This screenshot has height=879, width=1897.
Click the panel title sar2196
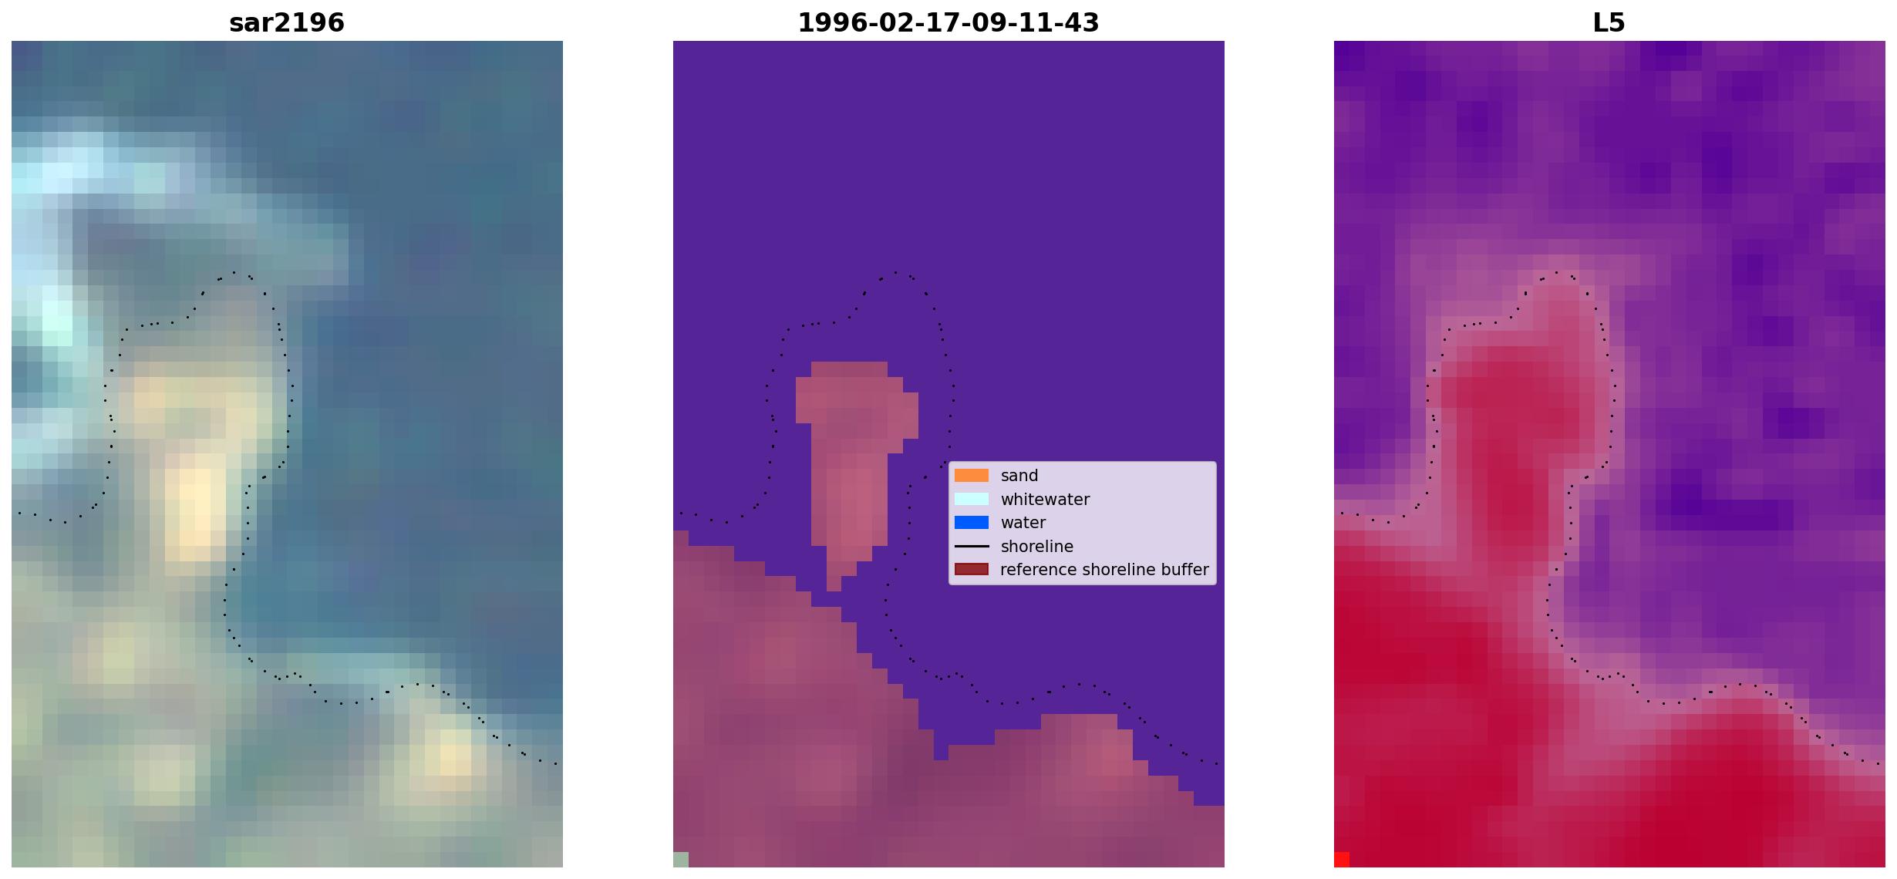tap(287, 22)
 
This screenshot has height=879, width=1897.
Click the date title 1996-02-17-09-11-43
tap(948, 22)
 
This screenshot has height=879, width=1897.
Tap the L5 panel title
tap(1609, 22)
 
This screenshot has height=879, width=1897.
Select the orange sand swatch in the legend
tap(972, 476)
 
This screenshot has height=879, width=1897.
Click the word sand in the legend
tap(1019, 476)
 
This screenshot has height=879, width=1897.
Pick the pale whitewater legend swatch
tap(972, 499)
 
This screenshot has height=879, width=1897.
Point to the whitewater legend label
tap(1045, 500)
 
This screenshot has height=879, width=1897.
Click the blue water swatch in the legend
tap(972, 523)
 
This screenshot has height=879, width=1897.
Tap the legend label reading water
tap(1023, 523)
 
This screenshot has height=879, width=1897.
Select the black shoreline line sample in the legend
tap(972, 546)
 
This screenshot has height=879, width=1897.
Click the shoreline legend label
tap(1036, 547)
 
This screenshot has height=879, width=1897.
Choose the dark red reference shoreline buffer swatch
tap(972, 569)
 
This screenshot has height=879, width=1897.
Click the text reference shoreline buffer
tap(1104, 570)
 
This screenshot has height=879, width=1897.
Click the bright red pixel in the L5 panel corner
tap(1342, 860)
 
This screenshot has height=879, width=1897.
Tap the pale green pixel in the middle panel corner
tap(681, 860)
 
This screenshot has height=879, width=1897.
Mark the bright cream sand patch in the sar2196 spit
tap(196, 505)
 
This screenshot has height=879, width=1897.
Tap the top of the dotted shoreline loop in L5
tap(1557, 272)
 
